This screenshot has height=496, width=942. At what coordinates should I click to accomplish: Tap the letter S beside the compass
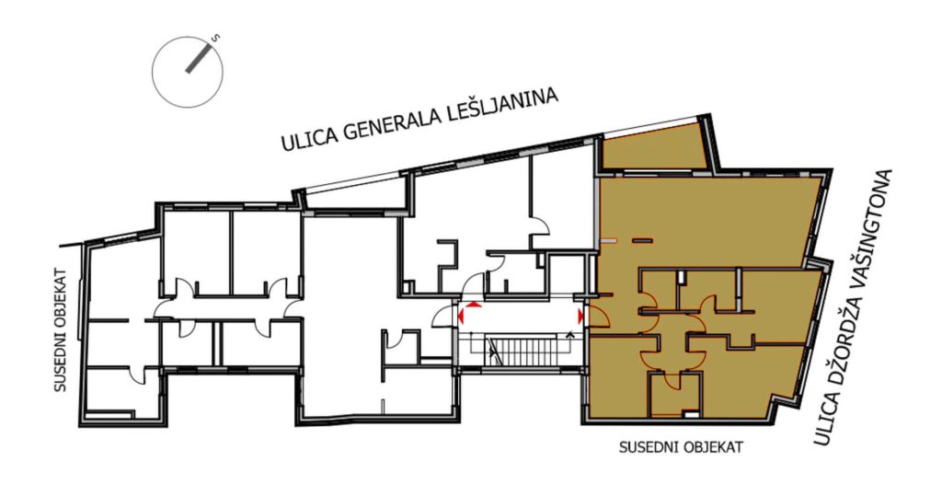tap(216, 39)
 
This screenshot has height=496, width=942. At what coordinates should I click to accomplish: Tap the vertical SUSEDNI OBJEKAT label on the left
tap(60, 330)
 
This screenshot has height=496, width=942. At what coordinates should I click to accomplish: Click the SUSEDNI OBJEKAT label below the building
tap(681, 447)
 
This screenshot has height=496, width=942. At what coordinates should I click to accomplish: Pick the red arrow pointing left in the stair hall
tap(461, 315)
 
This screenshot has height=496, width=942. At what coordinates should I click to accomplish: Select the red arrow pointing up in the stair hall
tap(474, 305)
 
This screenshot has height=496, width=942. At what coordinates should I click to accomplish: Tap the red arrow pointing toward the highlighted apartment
tap(580, 316)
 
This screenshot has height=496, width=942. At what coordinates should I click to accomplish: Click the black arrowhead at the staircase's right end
tap(569, 332)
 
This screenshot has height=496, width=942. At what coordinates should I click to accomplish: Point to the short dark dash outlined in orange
tap(641, 241)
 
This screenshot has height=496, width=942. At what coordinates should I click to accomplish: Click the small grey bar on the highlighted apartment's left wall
tap(609, 241)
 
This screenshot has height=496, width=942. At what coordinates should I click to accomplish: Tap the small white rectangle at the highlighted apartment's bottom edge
tap(692, 413)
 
